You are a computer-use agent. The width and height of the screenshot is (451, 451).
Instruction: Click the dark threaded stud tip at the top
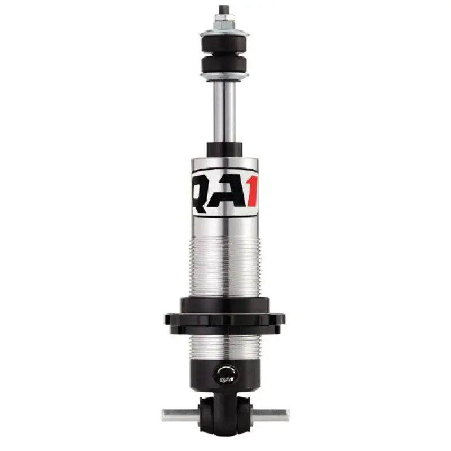tap(224, 10)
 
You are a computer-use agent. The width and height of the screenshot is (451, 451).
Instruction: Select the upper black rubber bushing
tap(224, 42)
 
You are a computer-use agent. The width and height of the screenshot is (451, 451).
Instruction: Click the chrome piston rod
tap(224, 113)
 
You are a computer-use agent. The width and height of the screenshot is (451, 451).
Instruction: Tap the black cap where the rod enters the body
tap(224, 150)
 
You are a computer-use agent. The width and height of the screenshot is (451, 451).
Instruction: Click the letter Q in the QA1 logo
tap(203, 192)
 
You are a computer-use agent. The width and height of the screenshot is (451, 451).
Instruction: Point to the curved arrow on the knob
tap(227, 368)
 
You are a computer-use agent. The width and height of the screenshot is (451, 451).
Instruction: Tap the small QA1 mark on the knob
tap(225, 380)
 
